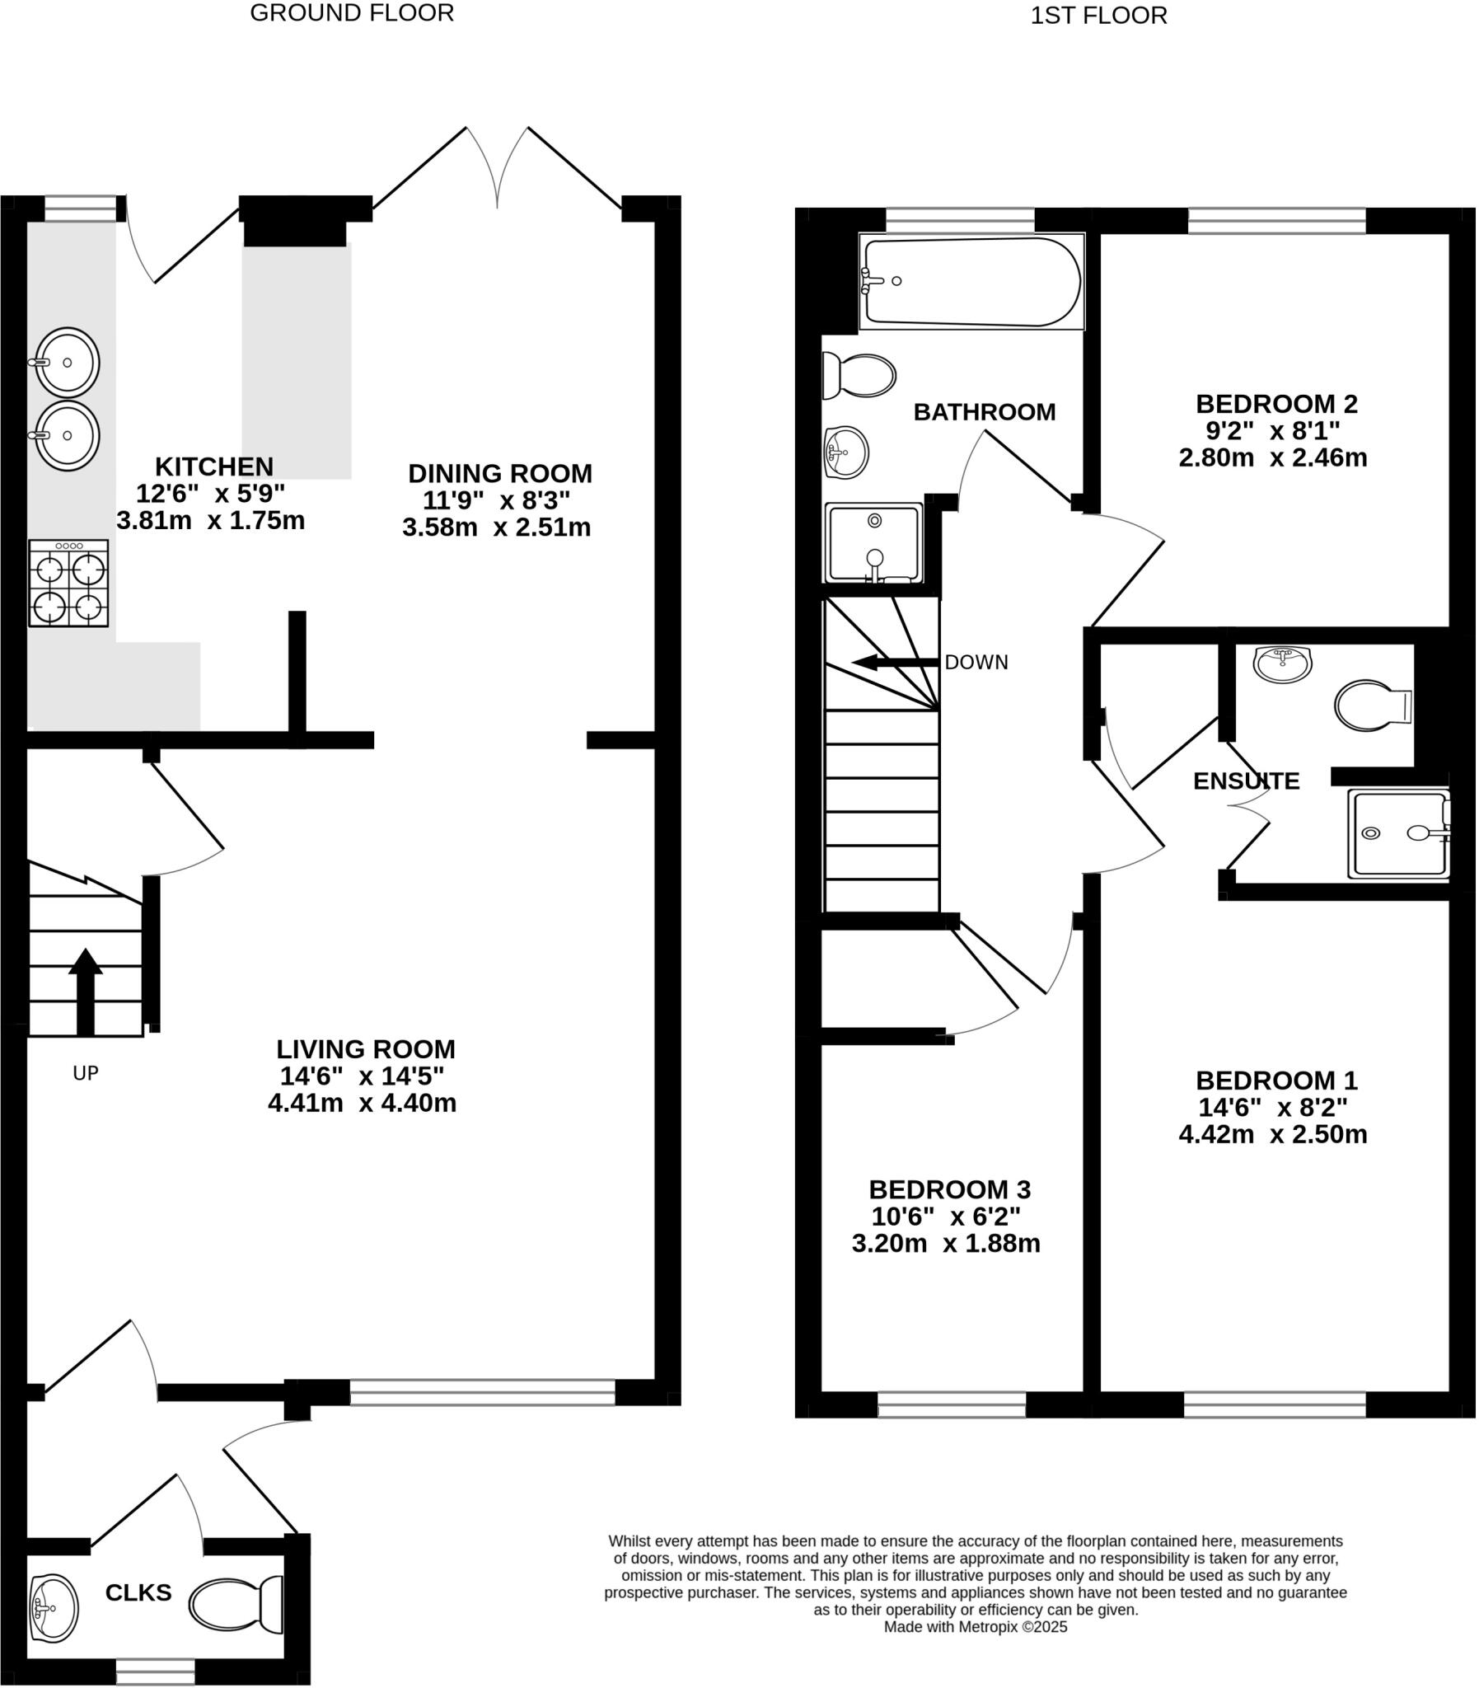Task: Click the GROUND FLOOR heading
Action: pos(352,13)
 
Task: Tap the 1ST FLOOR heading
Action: pos(1098,16)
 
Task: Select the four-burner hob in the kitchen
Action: pos(68,583)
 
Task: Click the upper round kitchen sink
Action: pos(68,363)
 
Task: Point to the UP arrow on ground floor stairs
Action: pos(85,992)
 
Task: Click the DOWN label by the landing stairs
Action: pos(976,662)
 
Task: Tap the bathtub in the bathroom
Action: pos(971,282)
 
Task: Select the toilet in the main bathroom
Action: pos(859,376)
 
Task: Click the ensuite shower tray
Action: pos(1398,833)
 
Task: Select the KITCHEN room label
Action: pos(213,467)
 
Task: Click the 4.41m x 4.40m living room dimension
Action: pos(362,1103)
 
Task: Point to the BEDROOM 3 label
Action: pos(949,1189)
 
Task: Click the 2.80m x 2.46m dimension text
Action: pos(1273,457)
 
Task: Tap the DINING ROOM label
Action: pos(500,473)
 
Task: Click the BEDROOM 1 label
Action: pos(1276,1080)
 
